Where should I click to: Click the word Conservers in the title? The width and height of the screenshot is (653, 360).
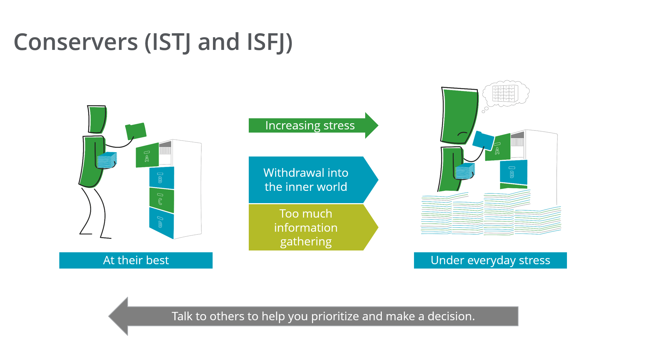pyautogui.click(x=76, y=42)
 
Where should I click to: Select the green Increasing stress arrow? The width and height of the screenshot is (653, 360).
pyautogui.click(x=310, y=125)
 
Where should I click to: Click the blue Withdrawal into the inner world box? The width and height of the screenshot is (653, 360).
pyautogui.click(x=306, y=180)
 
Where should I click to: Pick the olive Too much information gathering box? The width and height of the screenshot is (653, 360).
pyautogui.click(x=306, y=227)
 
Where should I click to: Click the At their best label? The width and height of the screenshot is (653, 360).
pyautogui.click(x=136, y=260)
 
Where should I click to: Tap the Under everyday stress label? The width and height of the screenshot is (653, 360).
pyautogui.click(x=490, y=260)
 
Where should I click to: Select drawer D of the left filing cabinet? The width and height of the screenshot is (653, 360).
pyautogui.click(x=161, y=223)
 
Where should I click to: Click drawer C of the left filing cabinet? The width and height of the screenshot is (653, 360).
pyautogui.click(x=161, y=200)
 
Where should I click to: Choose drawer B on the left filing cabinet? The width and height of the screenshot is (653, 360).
pyautogui.click(x=161, y=178)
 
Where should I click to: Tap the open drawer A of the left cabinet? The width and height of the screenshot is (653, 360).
pyautogui.click(x=147, y=156)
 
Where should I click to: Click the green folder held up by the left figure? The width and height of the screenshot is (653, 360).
pyautogui.click(x=136, y=131)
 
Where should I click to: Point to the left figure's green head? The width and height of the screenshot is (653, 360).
pyautogui.click(x=97, y=119)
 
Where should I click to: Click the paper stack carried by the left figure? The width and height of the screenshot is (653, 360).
pyautogui.click(x=107, y=160)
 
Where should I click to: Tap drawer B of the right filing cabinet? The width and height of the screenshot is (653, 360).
pyautogui.click(x=513, y=172)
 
